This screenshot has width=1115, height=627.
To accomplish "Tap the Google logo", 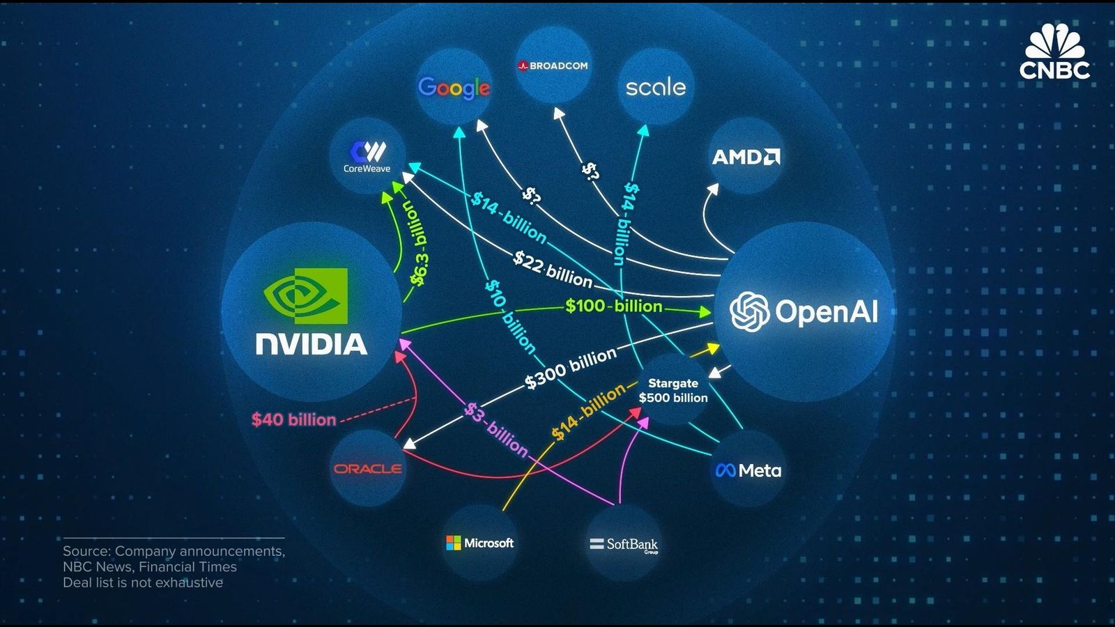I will coord(454,88).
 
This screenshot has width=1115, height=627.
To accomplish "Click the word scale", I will coord(655,87).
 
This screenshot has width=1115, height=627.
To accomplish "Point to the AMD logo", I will coord(746,157).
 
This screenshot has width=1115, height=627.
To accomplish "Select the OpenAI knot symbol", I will coord(749,311).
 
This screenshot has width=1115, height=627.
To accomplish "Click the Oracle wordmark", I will coord(367,469).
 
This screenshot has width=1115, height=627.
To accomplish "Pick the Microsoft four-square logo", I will coord(454,543).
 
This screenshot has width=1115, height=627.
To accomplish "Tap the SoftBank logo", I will coord(623,544).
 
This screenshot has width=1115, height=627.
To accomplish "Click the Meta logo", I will coord(748,471).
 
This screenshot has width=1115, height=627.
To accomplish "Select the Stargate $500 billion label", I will coord(672,391).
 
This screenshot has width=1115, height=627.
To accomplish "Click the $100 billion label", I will coord(613,306).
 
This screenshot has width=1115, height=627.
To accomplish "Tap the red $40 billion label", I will coord(293,420).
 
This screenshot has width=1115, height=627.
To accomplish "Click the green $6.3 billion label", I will coord(420,245).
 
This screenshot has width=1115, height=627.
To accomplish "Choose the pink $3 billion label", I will coord(496,428).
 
